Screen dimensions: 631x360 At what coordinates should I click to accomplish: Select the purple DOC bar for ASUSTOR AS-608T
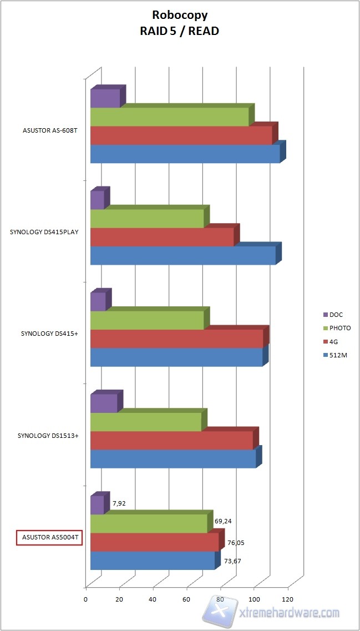(105, 98)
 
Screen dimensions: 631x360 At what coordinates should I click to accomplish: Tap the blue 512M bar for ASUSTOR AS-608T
(185, 154)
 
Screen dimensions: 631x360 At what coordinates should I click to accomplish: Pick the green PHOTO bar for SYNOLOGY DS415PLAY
(146, 218)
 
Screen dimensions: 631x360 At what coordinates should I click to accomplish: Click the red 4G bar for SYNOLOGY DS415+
(176, 339)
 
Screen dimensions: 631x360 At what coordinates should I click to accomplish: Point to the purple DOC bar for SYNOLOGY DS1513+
(104, 403)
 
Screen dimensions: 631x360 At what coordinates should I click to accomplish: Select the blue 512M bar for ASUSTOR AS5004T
(152, 561)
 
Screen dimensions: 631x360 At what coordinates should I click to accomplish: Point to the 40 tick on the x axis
(153, 599)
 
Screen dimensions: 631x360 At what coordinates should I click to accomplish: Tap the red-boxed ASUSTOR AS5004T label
(49, 538)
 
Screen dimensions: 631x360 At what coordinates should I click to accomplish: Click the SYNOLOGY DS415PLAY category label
(44, 232)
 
